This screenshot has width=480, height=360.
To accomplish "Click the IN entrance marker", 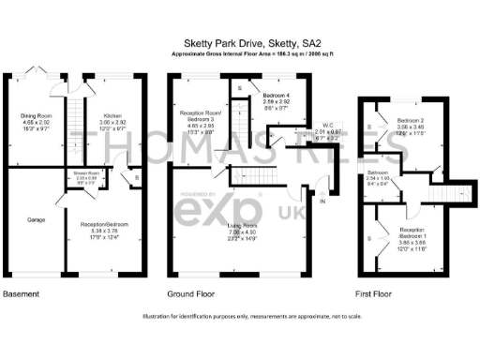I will pyautogui.click(x=322, y=202).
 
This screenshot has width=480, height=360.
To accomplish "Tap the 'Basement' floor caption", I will pyautogui.click(x=21, y=293).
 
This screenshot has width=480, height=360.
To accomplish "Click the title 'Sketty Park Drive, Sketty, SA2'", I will pyautogui.click(x=238, y=42).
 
